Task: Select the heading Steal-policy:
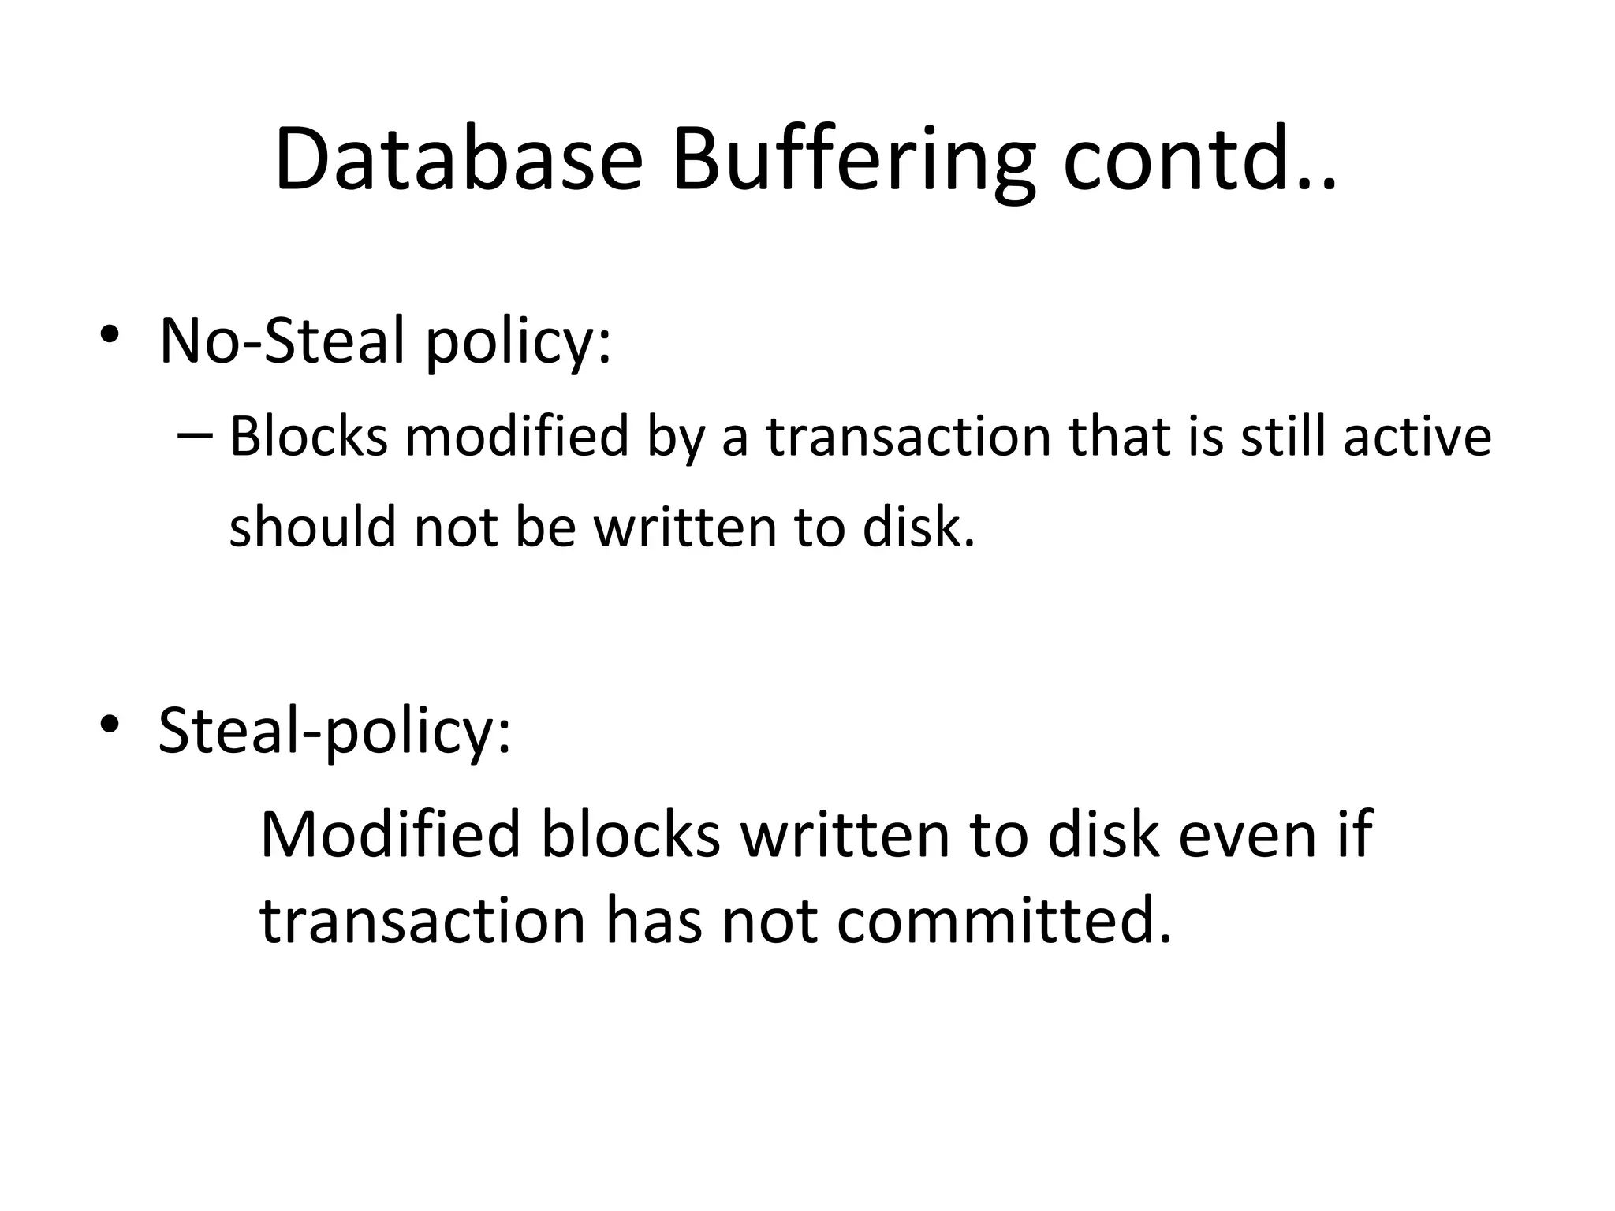[x=334, y=732]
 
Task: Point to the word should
[x=312, y=526]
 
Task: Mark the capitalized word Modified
[x=390, y=834]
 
